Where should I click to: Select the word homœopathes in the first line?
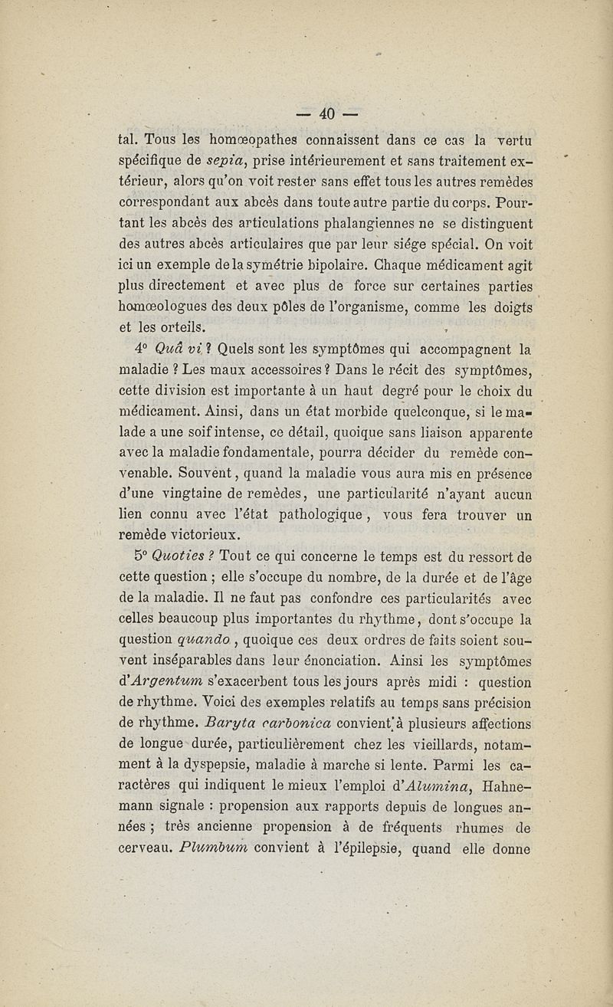click(243, 142)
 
